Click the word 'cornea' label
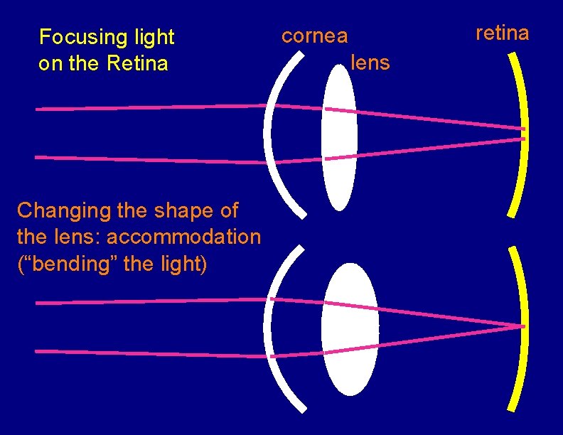315,36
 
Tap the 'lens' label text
370,63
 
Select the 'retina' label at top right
502,33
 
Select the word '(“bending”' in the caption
67,264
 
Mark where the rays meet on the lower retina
522,327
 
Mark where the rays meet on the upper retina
522,134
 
